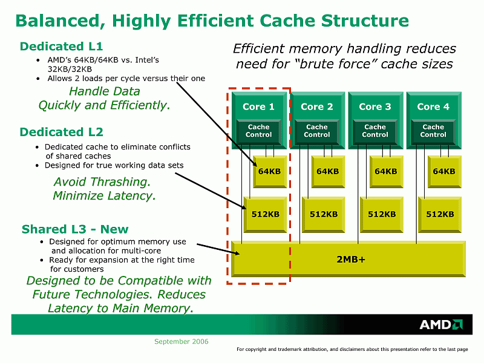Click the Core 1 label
click(x=258, y=106)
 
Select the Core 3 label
click(x=375, y=106)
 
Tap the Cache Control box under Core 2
click(x=316, y=131)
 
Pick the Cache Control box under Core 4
click(x=433, y=131)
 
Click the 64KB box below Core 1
click(x=269, y=171)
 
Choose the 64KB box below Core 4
click(x=443, y=171)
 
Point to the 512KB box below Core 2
click(x=324, y=214)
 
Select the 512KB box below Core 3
click(x=382, y=214)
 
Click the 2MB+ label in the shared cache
click(x=351, y=259)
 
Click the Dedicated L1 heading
click(x=61, y=46)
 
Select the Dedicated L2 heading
click(x=61, y=132)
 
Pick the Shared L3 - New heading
click(x=75, y=229)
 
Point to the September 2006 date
click(x=181, y=342)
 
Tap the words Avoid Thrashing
click(x=102, y=181)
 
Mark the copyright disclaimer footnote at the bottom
click(x=352, y=349)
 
